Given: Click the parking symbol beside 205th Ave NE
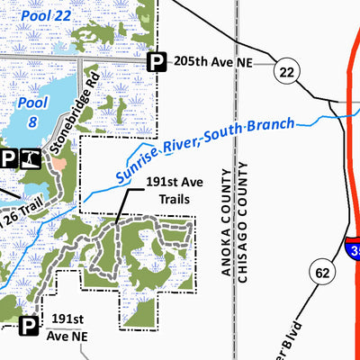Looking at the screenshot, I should pyautogui.click(x=157, y=61).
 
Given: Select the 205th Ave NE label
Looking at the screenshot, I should pyautogui.click(x=212, y=62).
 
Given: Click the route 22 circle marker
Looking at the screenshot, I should pyautogui.click(x=287, y=73).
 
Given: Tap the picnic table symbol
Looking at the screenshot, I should pyautogui.click(x=31, y=159).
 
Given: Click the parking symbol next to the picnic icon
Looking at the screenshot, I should pyautogui.click(x=8, y=159).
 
